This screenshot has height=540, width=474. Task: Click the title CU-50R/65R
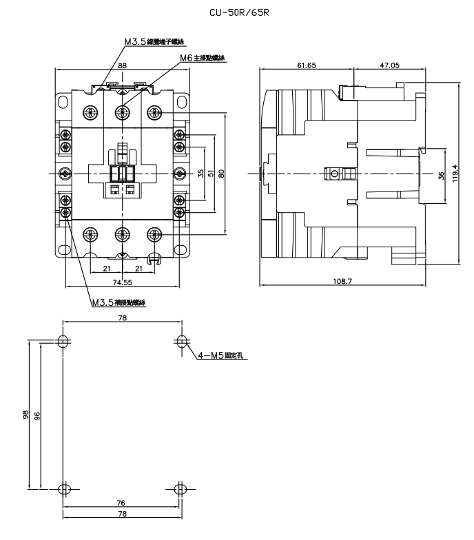(x=236, y=12)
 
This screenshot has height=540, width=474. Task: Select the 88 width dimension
(x=122, y=65)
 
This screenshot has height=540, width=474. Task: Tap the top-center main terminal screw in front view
(x=122, y=111)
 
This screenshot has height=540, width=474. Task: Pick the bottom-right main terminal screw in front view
(x=154, y=235)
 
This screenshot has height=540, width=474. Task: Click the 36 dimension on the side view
(x=442, y=174)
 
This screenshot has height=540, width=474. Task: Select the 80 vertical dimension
(x=221, y=174)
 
